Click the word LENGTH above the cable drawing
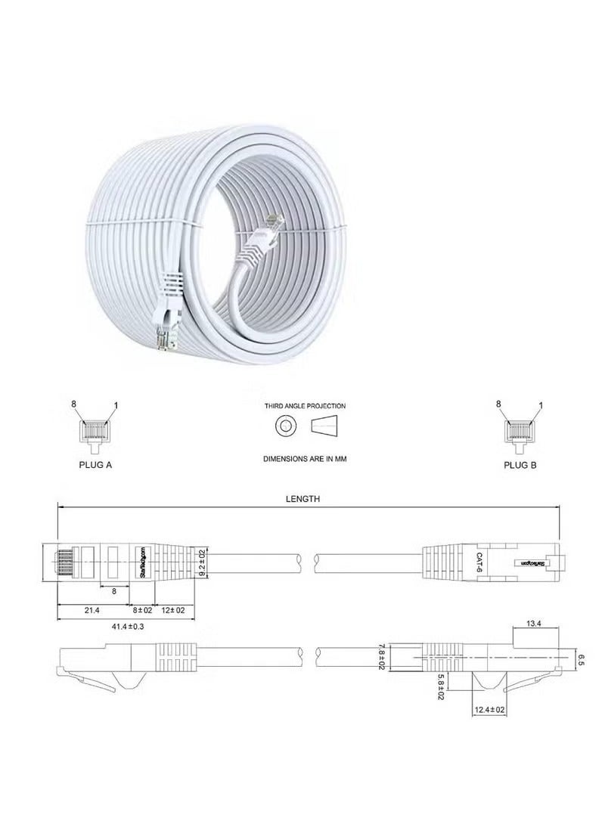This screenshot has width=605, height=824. tap(302, 498)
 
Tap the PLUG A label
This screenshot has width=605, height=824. tap(95, 466)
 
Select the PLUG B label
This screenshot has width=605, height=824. tap(520, 466)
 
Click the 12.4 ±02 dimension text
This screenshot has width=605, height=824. tap(490, 710)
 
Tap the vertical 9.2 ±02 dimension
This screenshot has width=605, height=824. tap(202, 563)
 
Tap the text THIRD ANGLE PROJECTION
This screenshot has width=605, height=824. tap(305, 406)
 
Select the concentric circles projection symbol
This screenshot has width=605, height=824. tap(285, 427)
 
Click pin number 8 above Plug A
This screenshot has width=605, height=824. tap(75, 404)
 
